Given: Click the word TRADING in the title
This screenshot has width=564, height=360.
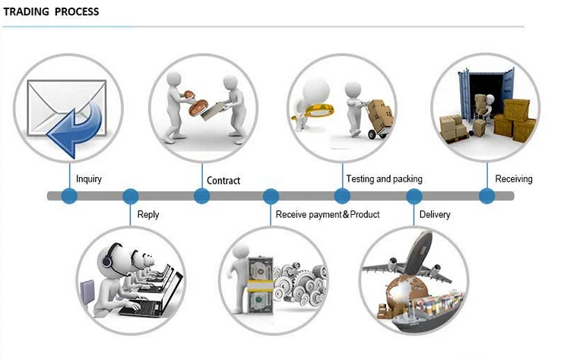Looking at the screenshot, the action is point(27,11).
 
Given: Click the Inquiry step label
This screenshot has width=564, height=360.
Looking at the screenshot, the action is point(89,179).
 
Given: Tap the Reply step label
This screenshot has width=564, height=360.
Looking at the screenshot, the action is point(148,215).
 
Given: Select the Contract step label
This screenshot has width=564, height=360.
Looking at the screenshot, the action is point(223,180).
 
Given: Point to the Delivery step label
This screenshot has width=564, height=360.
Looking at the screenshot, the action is point(435,214).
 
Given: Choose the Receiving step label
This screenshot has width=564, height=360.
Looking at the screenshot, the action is point(514,179).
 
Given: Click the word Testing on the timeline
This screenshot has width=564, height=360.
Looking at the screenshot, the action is point(360,179).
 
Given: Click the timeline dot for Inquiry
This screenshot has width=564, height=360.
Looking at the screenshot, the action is point(69,196).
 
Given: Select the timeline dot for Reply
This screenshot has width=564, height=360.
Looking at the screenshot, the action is point(130,196).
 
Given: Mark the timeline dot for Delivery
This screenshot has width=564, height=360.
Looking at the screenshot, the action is point(414,196).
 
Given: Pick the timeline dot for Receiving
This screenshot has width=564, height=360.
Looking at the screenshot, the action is point(487,196).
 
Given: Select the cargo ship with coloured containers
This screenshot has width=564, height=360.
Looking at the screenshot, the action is point(426,312).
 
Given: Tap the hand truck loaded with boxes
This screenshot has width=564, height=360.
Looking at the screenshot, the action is point(377,119).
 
